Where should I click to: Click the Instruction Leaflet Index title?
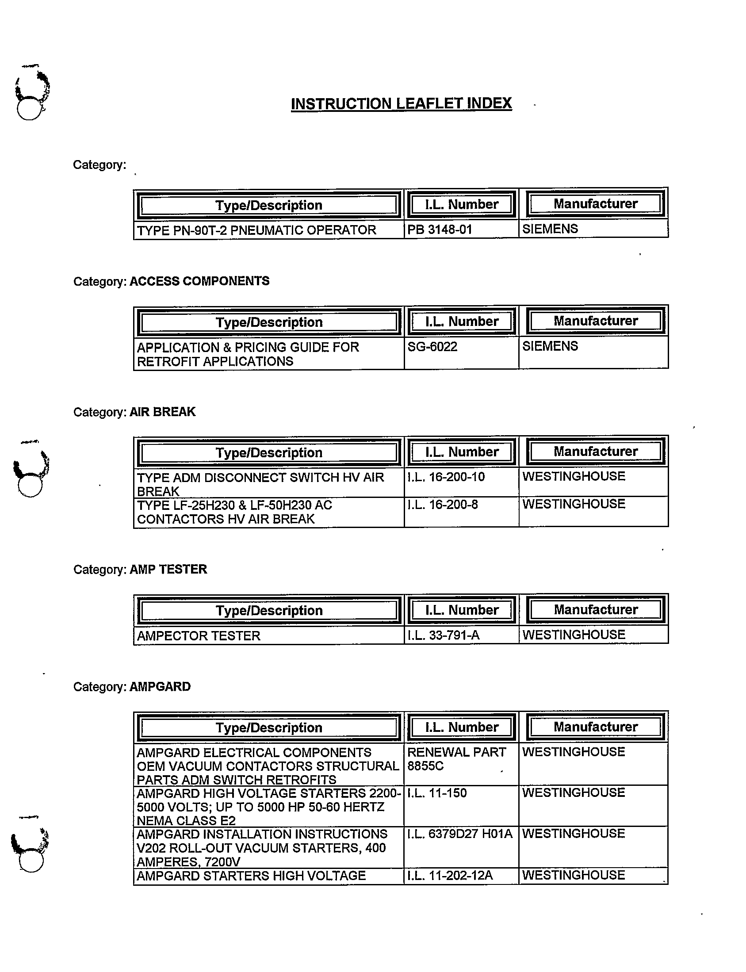pos(401,103)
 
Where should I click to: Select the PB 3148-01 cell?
pos(440,230)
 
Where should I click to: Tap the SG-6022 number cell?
pos(432,346)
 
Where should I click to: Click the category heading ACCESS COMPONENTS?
pos(199,281)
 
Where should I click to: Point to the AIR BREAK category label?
pos(163,412)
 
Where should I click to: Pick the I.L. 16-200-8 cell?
pos(442,505)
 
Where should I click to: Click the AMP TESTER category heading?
pos(168,569)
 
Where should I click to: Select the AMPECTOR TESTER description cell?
pos(199,636)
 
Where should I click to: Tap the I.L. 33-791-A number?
pos(443,635)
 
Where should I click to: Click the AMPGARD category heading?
pos(160,686)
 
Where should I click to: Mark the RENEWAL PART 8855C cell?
pos(456,759)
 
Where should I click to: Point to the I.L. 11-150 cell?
pos(437,793)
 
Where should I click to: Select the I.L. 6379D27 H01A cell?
pos(459,834)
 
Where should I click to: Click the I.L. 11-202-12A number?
pos(450,875)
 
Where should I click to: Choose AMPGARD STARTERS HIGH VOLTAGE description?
pos(251,876)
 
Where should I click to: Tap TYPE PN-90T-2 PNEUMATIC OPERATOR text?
pos(256,230)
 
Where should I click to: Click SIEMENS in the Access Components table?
pos(550,346)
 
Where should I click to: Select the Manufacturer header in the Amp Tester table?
pos(596,610)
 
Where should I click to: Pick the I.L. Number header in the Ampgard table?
pos(461,727)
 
